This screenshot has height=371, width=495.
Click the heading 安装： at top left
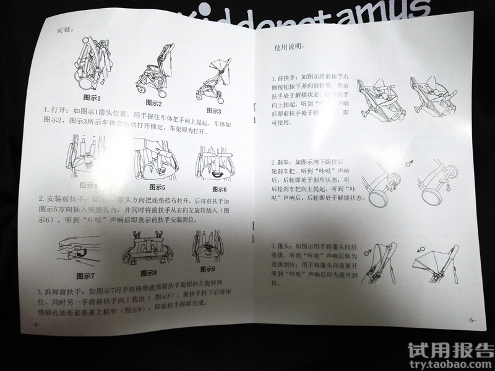pyautogui.click(x=64, y=30)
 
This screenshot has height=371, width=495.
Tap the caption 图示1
pyautogui.click(x=92, y=98)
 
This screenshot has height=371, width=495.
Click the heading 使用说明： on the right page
pyautogui.click(x=291, y=48)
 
